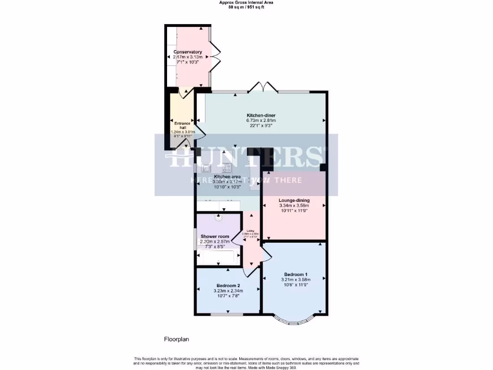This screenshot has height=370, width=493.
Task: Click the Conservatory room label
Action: coord(188,52)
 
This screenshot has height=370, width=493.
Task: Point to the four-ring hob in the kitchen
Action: coord(226,168)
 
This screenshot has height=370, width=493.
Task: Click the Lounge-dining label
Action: coord(294,200)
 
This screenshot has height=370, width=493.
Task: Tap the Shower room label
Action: coord(215,237)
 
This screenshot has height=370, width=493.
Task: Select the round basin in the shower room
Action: coord(219,217)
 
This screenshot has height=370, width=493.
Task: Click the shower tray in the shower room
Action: coord(219,257)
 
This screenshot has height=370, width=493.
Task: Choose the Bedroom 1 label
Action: coord(296,274)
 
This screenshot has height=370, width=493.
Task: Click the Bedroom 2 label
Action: coord(229,285)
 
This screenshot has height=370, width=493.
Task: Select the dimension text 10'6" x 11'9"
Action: coord(296,285)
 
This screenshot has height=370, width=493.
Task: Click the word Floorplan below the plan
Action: coord(176,339)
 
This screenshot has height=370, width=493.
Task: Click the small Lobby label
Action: coord(251,231)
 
